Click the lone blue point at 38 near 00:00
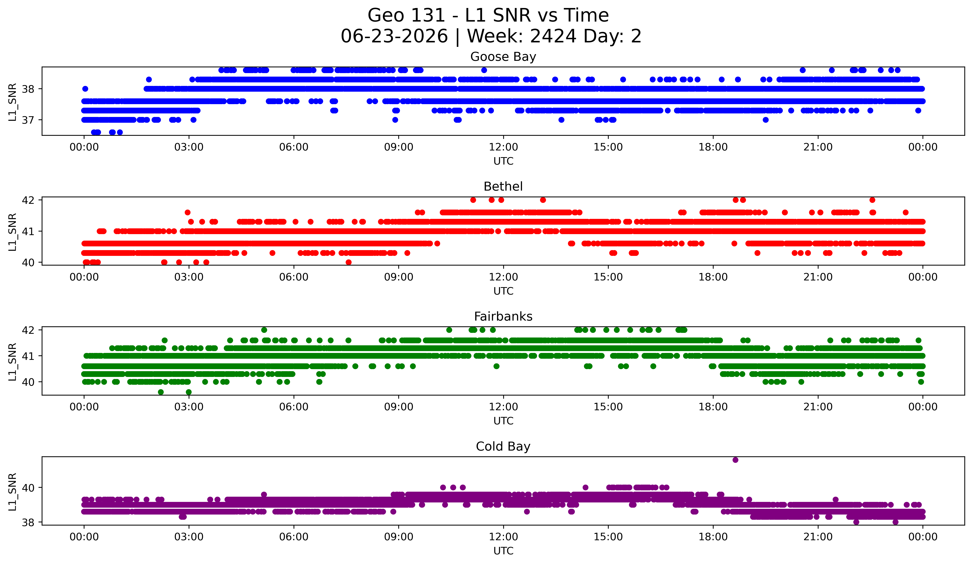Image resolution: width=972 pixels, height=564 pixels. (x=85, y=89)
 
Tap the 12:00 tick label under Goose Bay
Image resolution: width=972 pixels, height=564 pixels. (x=503, y=147)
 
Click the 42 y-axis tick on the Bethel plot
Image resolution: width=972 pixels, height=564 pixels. (x=28, y=200)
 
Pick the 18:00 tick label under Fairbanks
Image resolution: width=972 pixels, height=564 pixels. (x=713, y=407)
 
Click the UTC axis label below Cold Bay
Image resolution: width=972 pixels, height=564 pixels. (x=503, y=551)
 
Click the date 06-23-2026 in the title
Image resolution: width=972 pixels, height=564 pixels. (x=394, y=36)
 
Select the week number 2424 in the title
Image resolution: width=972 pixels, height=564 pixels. (x=553, y=36)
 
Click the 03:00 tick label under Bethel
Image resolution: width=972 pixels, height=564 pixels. (x=189, y=277)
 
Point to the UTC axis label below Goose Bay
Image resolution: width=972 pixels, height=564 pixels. (x=503, y=161)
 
